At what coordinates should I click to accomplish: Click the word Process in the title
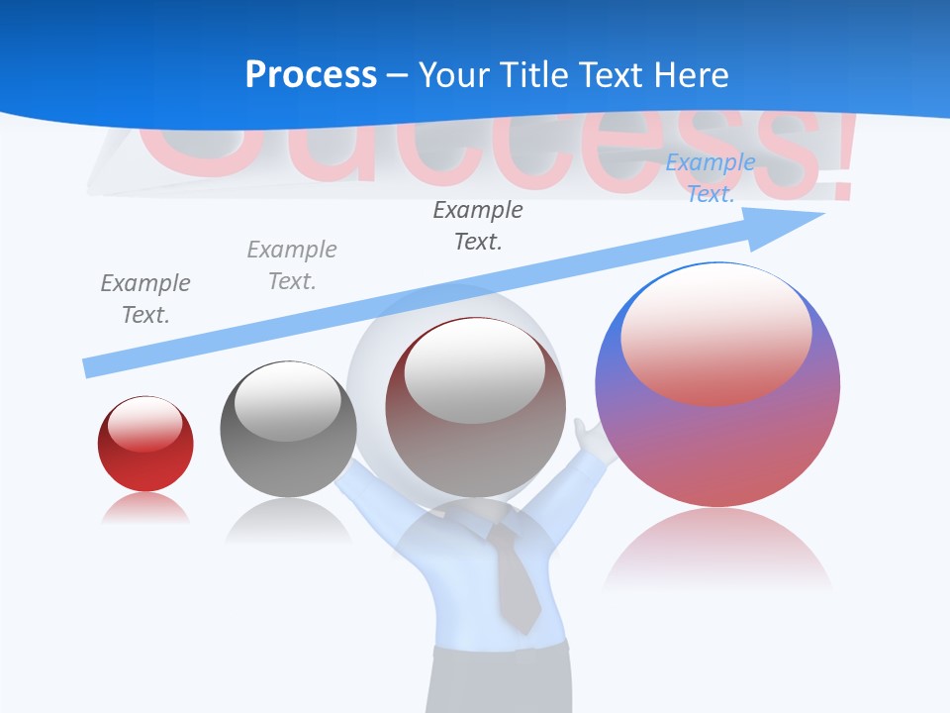[x=311, y=74]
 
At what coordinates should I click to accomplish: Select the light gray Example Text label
[x=292, y=265]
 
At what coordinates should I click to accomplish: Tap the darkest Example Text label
[x=478, y=225]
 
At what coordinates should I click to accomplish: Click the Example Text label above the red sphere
[x=145, y=298]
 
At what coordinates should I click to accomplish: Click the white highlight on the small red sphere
[x=144, y=425]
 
